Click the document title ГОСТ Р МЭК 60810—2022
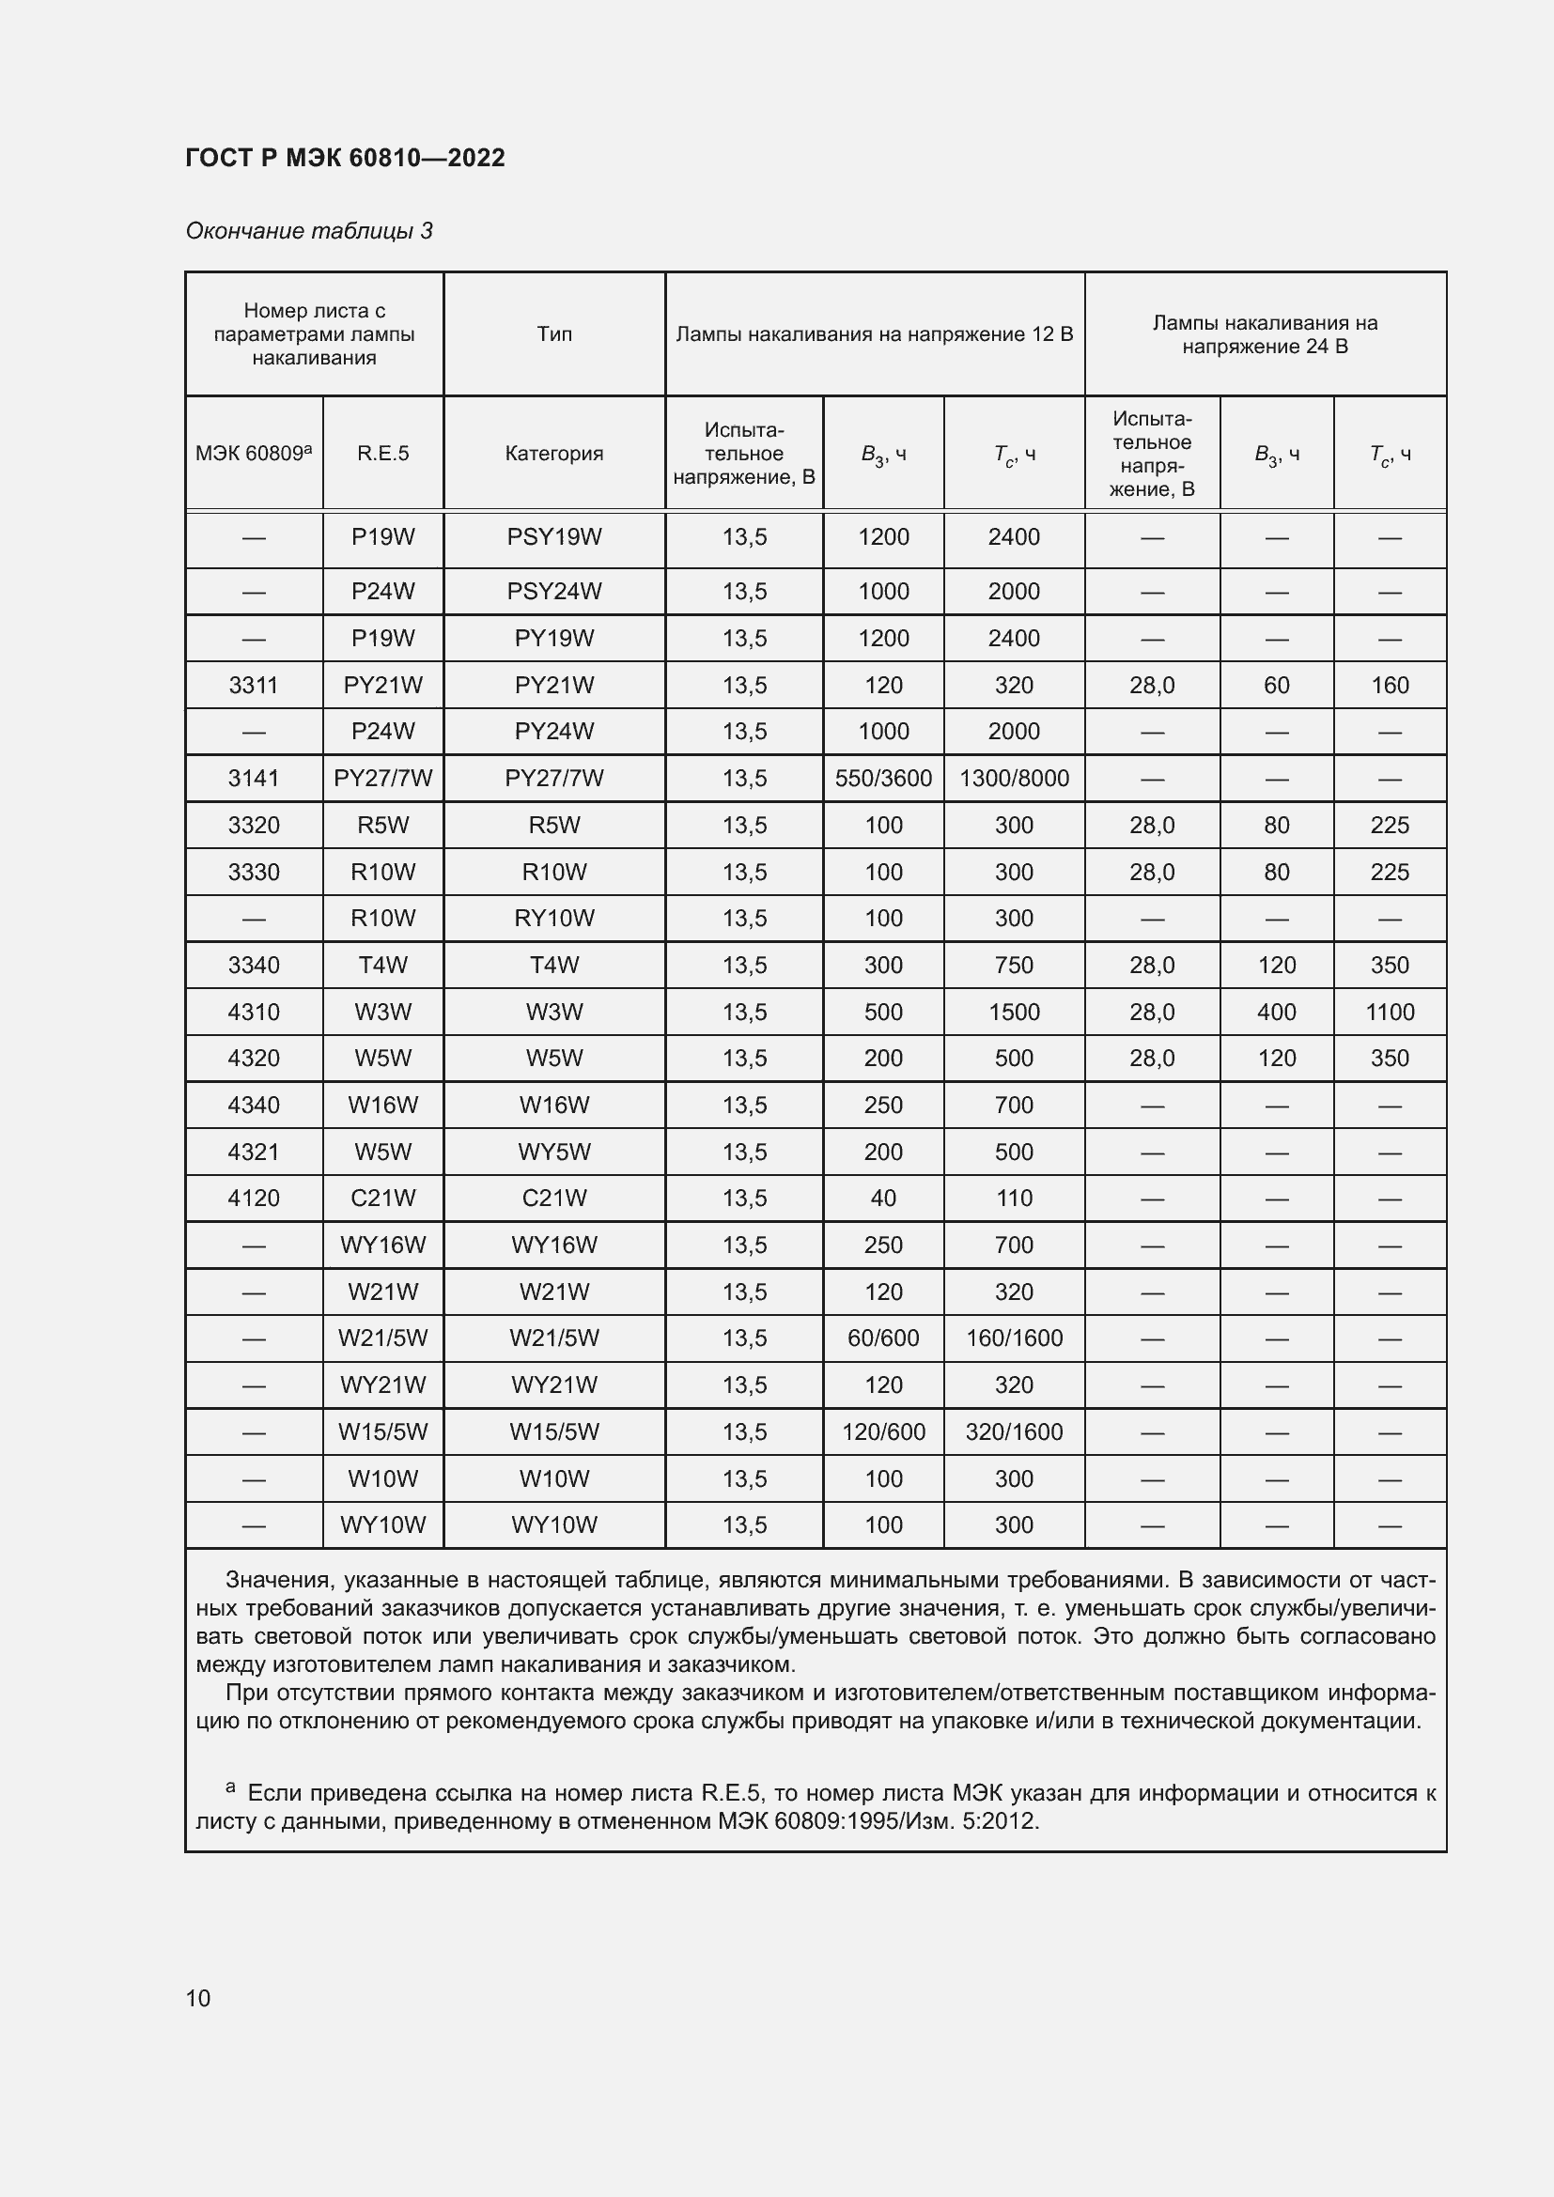click(345, 158)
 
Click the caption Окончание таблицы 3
click(309, 231)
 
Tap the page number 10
click(198, 1998)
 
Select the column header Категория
click(554, 454)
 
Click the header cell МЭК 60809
click(254, 454)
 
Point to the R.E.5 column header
click(382, 454)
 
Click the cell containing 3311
click(254, 685)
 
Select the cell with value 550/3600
click(883, 778)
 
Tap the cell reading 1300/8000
click(1015, 778)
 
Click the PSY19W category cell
click(554, 537)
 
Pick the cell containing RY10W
click(554, 918)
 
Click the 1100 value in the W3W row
click(1390, 1012)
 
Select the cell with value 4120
click(254, 1198)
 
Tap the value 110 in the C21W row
click(1015, 1198)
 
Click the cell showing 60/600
click(883, 1338)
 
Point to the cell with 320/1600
click(1015, 1431)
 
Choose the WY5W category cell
click(554, 1152)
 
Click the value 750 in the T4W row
click(1015, 965)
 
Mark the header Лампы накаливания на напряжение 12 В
click(875, 334)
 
